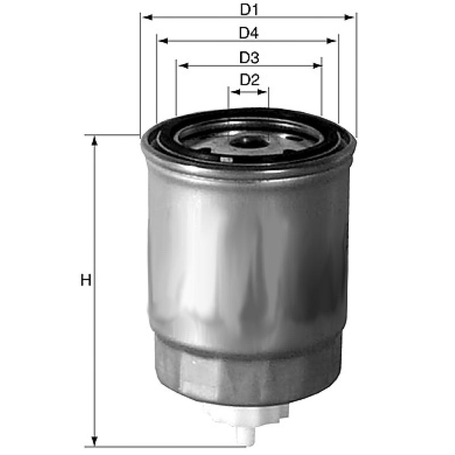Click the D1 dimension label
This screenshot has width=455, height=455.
click(x=249, y=10)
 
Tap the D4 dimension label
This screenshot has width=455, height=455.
click(x=249, y=33)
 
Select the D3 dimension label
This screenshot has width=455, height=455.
click(x=249, y=57)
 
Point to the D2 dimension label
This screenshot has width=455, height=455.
click(x=249, y=80)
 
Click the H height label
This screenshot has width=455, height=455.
click(x=86, y=280)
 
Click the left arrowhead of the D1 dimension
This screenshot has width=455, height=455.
click(x=148, y=18)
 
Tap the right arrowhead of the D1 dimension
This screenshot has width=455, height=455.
click(x=349, y=18)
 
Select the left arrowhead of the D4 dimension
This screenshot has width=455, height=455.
click(x=164, y=41)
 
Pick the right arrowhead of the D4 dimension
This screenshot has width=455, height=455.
click(x=332, y=41)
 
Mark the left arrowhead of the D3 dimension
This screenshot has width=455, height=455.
click(x=183, y=66)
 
